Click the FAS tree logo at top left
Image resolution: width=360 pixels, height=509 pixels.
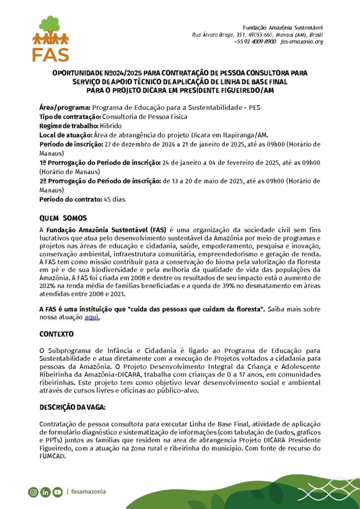coord(50,38)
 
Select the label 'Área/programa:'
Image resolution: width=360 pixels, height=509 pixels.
coord(65,107)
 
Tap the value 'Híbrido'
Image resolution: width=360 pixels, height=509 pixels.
coord(110,126)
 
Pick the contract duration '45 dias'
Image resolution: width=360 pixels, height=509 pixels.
coord(114,199)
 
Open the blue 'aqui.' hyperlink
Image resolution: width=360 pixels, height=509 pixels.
coord(92,317)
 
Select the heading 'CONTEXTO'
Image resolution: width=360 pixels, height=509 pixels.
coord(56,334)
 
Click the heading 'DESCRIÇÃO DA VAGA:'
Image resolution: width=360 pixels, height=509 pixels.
coord(72,407)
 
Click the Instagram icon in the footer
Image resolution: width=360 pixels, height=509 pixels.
coord(33,492)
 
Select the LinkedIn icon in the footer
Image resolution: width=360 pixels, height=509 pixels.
coord(46,492)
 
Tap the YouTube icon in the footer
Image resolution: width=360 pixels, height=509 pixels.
coord(58,492)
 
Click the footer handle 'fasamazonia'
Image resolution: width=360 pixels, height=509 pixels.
coord(88,492)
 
